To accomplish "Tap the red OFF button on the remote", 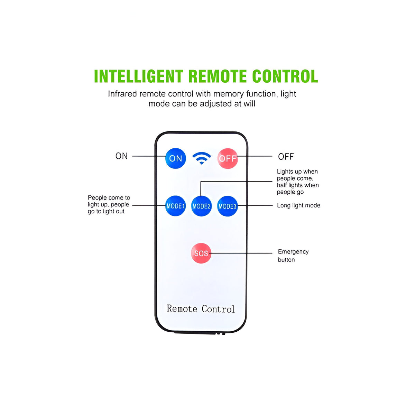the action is click(x=228, y=158).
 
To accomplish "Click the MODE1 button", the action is click(x=175, y=206).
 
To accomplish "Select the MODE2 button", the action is click(x=201, y=206).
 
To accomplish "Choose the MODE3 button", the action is click(x=228, y=206).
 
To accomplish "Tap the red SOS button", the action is click(x=201, y=253).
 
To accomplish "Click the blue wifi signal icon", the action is click(x=202, y=158).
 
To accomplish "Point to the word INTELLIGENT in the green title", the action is click(x=139, y=76).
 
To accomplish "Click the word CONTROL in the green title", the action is click(x=285, y=76).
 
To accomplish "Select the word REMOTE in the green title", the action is click(x=218, y=76).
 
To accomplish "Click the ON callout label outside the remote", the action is click(x=121, y=156).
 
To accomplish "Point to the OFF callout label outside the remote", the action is click(x=286, y=157).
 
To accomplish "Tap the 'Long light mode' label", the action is click(x=298, y=205).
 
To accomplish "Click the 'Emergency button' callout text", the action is click(x=293, y=256).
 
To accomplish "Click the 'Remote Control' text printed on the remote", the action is click(x=201, y=308).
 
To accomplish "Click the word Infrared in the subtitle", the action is click(x=122, y=94).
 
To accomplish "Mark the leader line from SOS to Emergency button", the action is click(x=241, y=253).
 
